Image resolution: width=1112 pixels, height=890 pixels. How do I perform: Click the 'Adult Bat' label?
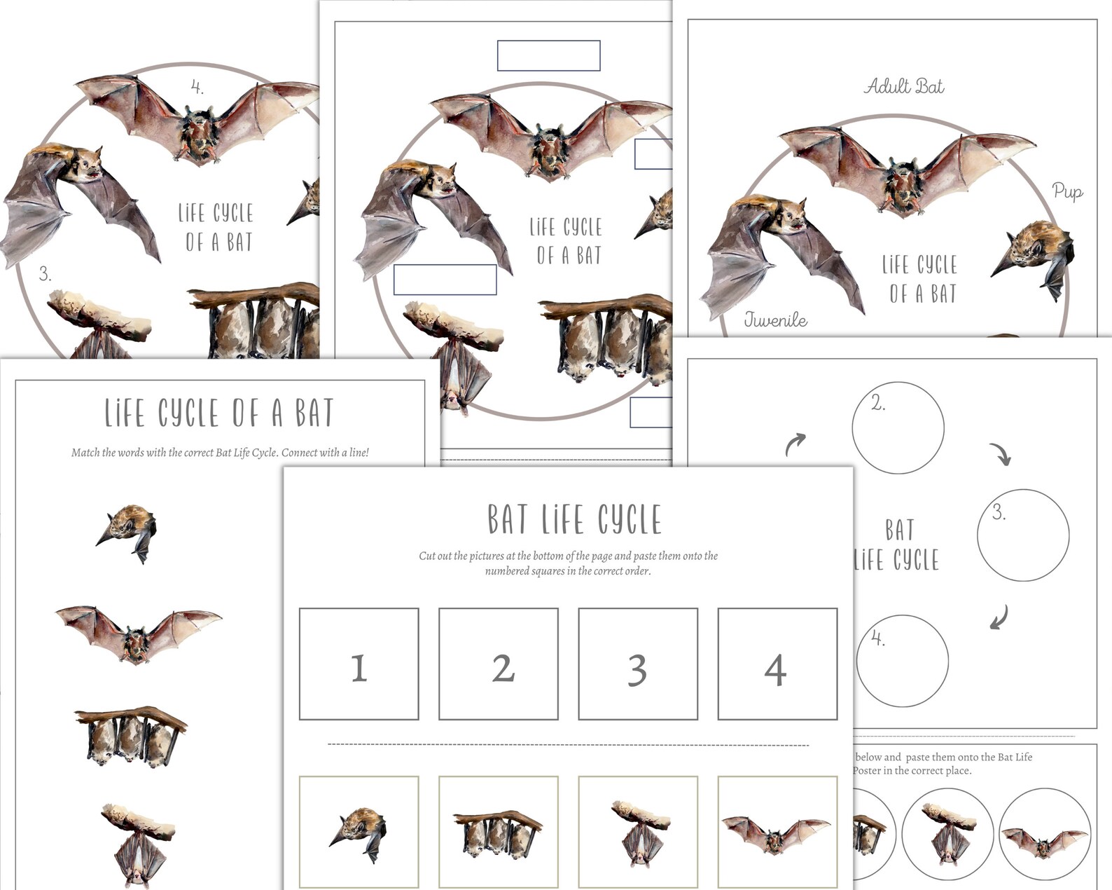pyautogui.click(x=904, y=86)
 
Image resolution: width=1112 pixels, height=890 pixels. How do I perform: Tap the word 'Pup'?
pyautogui.click(x=1067, y=191)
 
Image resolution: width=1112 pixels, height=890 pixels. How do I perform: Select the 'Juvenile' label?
pyautogui.click(x=775, y=320)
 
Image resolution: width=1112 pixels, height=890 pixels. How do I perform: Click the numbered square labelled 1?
pyautogui.click(x=359, y=664)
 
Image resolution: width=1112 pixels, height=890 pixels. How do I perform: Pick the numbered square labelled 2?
pyautogui.click(x=498, y=664)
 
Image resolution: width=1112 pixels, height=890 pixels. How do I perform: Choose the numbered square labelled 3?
pyautogui.click(x=637, y=664)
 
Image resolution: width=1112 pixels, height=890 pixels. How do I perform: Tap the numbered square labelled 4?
pyautogui.click(x=777, y=664)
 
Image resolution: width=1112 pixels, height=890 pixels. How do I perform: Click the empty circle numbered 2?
pyautogui.click(x=897, y=427)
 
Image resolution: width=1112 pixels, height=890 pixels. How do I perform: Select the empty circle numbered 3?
pyautogui.click(x=1022, y=535)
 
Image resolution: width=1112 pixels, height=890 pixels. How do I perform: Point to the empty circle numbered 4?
pyautogui.click(x=902, y=660)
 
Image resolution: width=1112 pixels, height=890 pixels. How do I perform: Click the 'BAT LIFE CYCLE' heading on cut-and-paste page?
pyautogui.click(x=574, y=519)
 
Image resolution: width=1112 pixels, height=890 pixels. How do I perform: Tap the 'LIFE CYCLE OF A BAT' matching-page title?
pyautogui.click(x=219, y=413)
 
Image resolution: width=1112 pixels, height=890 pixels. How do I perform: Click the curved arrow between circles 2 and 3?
pyautogui.click(x=1001, y=453)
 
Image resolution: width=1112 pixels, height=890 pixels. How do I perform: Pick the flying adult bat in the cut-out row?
pyautogui.click(x=777, y=834)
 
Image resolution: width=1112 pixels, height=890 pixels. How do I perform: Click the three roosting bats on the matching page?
pyautogui.click(x=132, y=735)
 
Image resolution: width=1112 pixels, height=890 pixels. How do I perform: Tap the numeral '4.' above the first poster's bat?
pyautogui.click(x=197, y=88)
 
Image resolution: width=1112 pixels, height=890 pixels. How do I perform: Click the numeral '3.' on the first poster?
pyautogui.click(x=45, y=274)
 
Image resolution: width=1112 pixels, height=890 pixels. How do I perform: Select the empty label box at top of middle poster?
pyautogui.click(x=548, y=56)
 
